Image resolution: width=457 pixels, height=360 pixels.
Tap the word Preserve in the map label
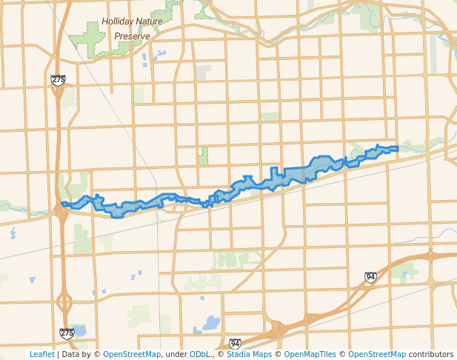point(132,36)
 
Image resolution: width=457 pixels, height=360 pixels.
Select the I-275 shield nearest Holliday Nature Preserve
point(59,79)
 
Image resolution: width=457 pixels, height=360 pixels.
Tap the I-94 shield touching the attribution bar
point(235,344)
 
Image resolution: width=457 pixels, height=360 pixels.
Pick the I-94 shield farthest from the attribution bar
point(370,277)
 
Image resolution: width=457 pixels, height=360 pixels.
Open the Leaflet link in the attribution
point(41,355)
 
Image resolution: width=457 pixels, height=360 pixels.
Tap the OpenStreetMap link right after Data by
point(132,355)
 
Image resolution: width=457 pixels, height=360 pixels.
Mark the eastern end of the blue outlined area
point(398,149)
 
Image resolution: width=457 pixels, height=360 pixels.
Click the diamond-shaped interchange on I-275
point(64,302)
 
